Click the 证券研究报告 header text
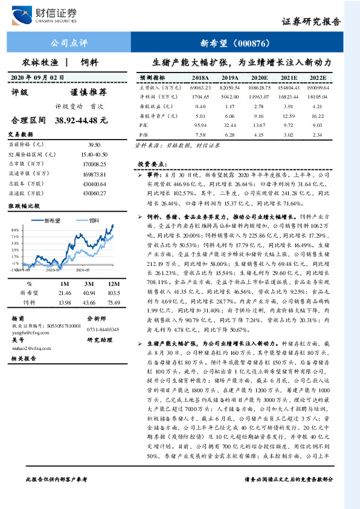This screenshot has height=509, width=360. pos(312,22)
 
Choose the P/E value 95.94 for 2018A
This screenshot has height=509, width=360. pos(201,124)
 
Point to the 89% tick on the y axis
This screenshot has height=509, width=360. pos(14,230)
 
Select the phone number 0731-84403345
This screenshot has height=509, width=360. pos(103,329)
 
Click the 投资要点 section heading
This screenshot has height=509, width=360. pos(152,164)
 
